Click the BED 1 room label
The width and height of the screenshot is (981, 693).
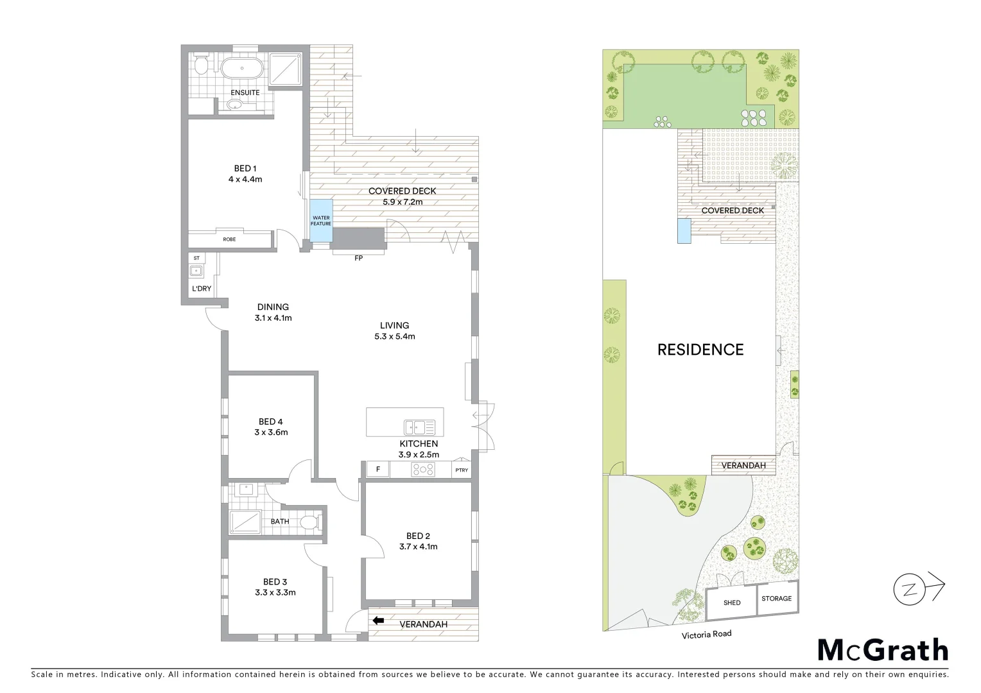245,169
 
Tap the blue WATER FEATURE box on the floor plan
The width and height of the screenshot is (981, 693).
321,221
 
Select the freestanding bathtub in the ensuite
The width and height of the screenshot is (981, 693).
241,68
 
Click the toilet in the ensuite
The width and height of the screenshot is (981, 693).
202,65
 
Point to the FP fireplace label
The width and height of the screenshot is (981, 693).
358,258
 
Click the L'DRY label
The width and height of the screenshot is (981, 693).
202,289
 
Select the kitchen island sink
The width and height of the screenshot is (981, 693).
419,427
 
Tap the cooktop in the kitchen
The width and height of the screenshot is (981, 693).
422,470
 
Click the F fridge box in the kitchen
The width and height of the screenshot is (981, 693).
378,470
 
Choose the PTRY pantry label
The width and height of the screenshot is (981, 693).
462,470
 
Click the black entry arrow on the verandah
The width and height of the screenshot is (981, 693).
378,620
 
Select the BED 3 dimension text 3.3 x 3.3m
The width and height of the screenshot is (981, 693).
274,592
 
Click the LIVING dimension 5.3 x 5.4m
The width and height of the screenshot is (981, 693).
394,336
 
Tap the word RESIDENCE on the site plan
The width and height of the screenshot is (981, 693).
700,350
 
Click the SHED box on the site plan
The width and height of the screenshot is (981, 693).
731,603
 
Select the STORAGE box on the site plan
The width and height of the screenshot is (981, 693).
776,599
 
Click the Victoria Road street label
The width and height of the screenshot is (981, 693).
706,634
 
